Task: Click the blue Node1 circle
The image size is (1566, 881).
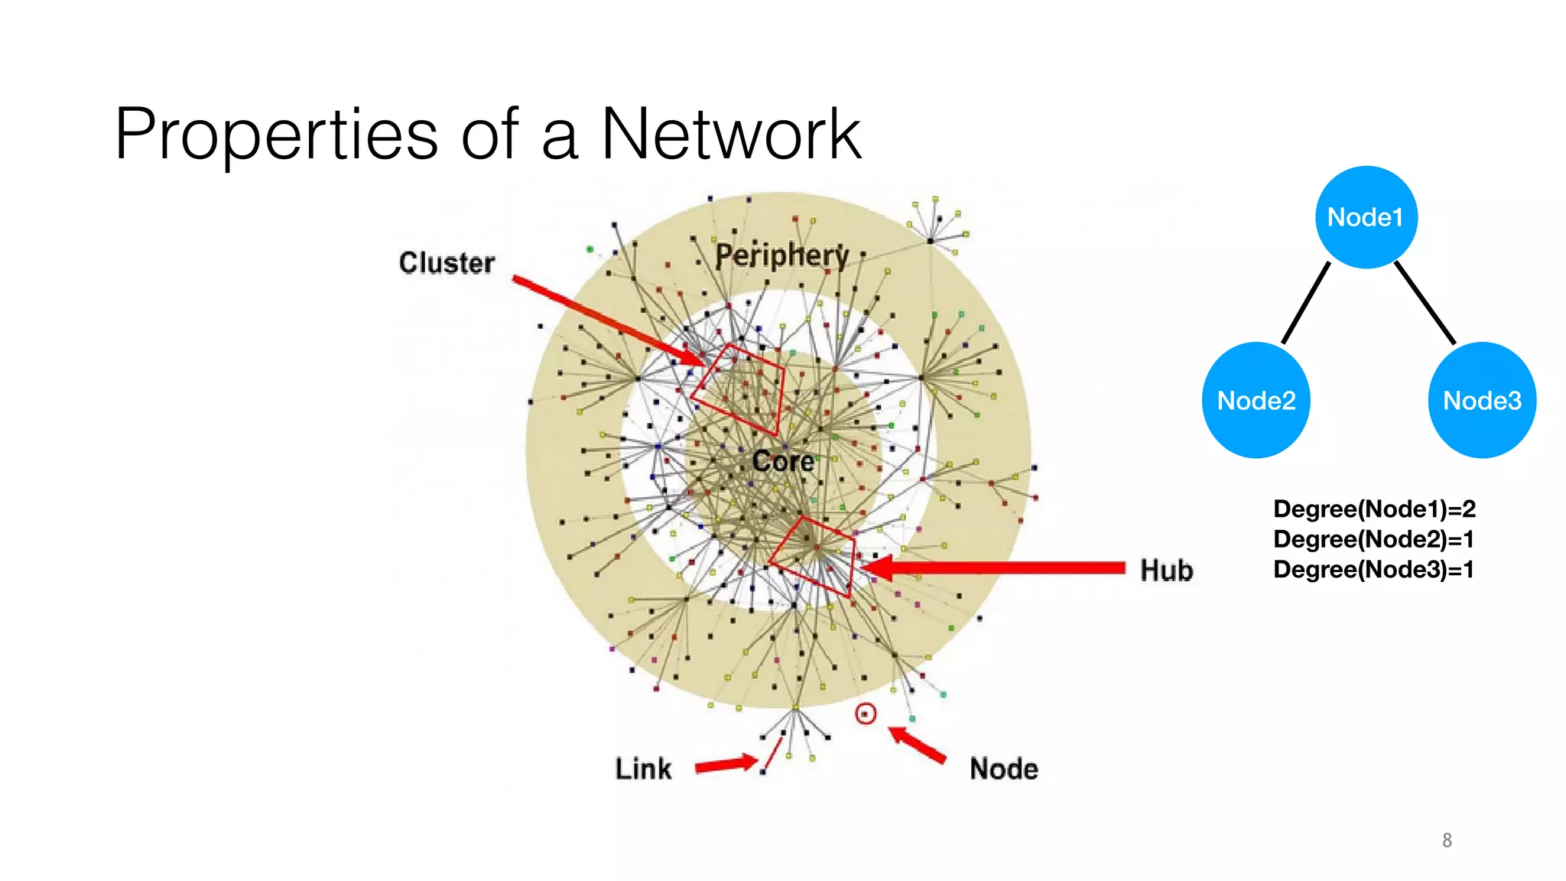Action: [1366, 217]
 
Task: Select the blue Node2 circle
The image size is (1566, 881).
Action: [1256, 400]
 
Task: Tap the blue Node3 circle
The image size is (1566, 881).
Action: [1482, 400]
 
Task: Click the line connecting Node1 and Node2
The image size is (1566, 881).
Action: [1306, 303]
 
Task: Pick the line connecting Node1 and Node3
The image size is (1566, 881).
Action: [1425, 303]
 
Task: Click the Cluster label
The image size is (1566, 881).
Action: [447, 263]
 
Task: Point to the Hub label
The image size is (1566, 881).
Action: [1166, 571]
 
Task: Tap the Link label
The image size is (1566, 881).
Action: [643, 769]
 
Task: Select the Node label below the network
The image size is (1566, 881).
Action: [1003, 769]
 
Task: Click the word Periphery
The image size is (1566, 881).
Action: [781, 256]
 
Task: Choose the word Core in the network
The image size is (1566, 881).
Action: [782, 461]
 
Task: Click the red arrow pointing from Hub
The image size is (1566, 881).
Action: [994, 567]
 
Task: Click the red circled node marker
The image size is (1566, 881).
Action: [866, 714]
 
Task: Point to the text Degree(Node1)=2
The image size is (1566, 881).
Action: [1374, 509]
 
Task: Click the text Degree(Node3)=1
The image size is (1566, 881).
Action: [1373, 570]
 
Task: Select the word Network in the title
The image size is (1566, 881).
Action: [731, 135]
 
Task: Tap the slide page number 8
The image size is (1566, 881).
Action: [1447, 840]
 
